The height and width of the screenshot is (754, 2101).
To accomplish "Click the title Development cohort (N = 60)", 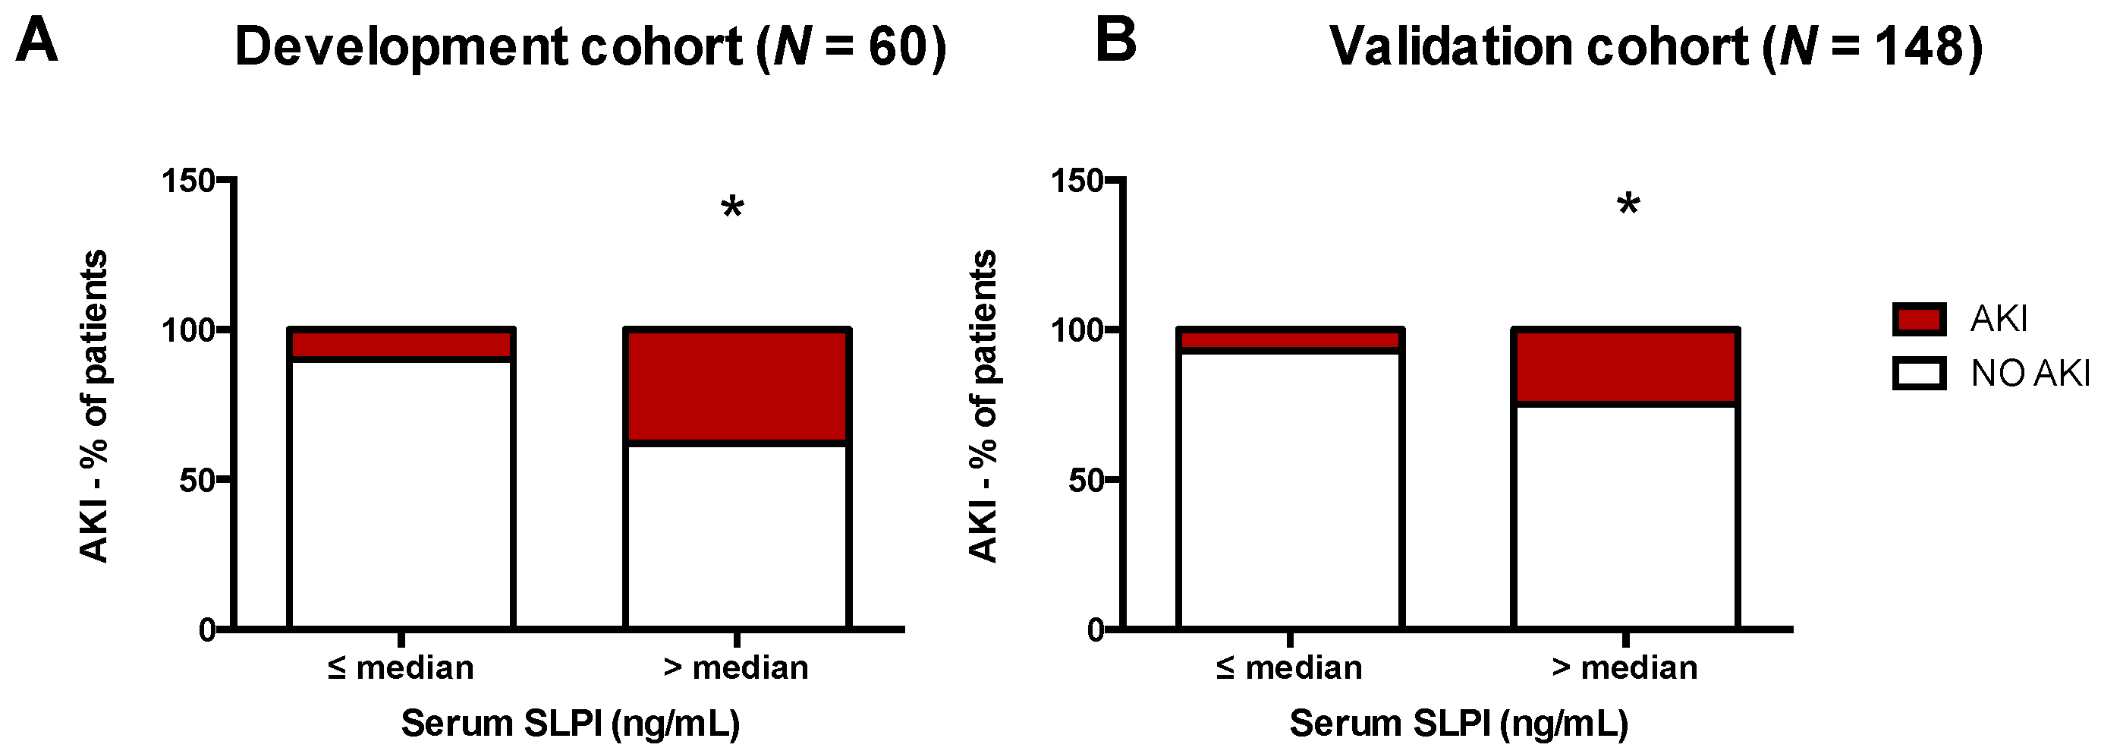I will coord(590,46).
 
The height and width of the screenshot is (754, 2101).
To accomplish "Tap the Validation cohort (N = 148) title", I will coord(1656,46).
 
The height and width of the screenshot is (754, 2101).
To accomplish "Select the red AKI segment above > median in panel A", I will coord(737,386).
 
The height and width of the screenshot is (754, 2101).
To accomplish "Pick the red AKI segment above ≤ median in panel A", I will coord(401,343).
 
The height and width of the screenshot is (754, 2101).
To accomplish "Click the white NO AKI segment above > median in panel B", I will coord(1625,516).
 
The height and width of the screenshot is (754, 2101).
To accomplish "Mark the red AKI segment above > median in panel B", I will coord(1625,367).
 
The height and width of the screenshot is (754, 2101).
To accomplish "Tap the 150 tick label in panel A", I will coord(187,181).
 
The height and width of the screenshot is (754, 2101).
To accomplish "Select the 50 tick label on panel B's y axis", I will coord(1086,481).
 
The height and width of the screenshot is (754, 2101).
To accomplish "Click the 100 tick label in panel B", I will coord(1076,330).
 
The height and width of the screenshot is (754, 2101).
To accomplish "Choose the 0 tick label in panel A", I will coord(207,630).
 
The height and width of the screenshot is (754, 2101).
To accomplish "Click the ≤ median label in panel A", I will coord(401,668).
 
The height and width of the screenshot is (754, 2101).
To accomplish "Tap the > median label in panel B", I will coord(1625,668).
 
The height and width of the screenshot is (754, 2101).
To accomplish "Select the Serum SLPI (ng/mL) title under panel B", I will coord(1458,724).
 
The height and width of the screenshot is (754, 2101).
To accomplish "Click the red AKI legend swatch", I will coord(1918,318).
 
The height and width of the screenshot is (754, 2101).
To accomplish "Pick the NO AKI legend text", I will coord(2029,374).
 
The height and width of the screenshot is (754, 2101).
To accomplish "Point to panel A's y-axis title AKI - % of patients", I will coord(95,405).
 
